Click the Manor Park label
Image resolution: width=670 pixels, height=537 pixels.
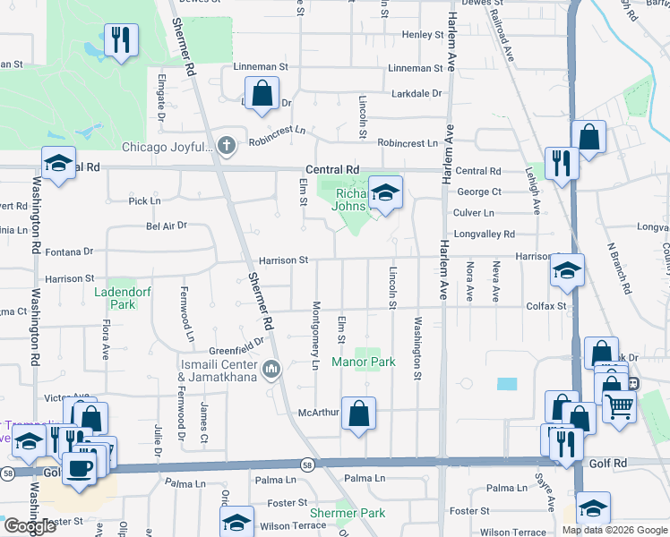(364, 362)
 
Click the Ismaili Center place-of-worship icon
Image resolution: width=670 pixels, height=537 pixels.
(272, 368)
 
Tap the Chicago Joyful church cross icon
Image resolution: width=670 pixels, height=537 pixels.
(228, 145)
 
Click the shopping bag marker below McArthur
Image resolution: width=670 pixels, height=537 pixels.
(358, 413)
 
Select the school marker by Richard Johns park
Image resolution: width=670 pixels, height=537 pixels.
(385, 192)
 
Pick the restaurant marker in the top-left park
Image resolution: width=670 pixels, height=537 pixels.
(118, 40)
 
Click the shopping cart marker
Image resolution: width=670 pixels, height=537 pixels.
(620, 406)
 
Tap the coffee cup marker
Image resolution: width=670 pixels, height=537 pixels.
(79, 467)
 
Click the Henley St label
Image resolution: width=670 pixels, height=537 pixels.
(423, 35)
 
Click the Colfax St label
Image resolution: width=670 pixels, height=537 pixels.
(549, 306)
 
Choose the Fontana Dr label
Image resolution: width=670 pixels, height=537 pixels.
(76, 253)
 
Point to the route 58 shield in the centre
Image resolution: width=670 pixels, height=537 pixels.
(307, 464)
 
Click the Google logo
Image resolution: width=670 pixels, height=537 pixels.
(30, 526)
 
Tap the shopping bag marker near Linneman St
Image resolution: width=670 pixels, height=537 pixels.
(262, 93)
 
